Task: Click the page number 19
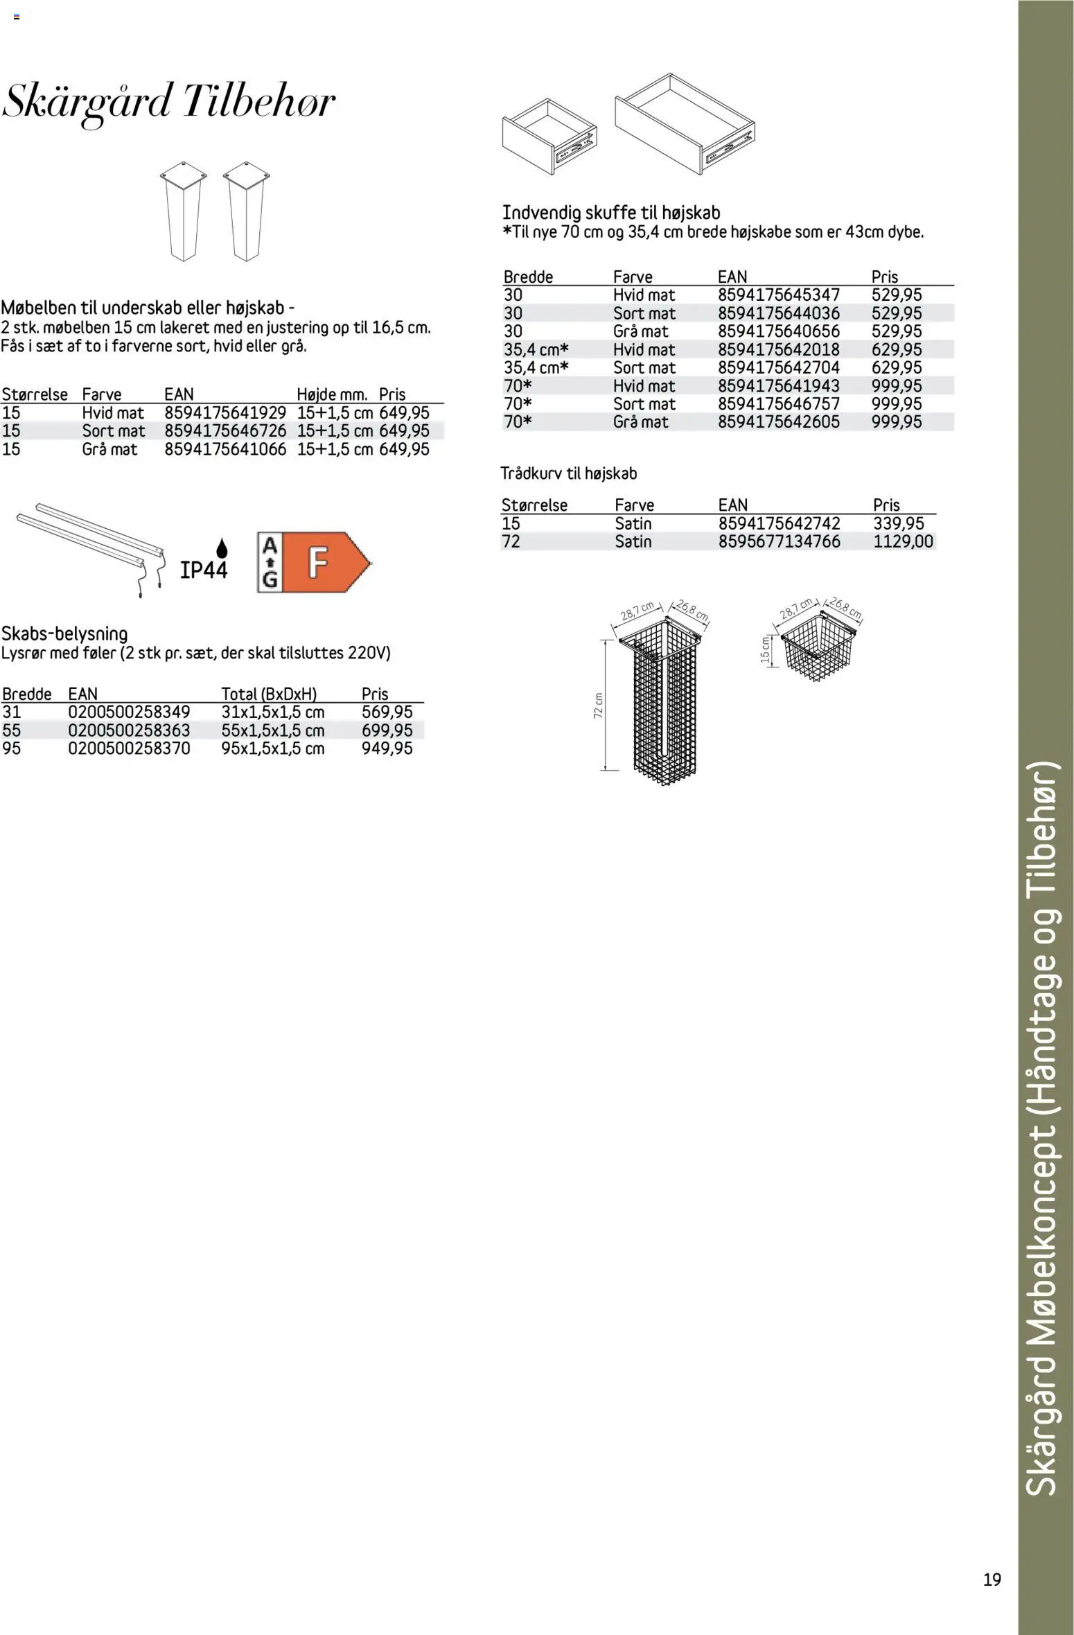point(992,1579)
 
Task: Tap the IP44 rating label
point(204,570)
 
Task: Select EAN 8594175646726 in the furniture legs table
point(225,431)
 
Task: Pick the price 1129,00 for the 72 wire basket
point(903,541)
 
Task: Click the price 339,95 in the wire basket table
point(898,523)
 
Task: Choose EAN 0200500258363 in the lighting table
point(129,731)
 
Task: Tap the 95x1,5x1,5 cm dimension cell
point(273,749)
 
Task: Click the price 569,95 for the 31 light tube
point(387,712)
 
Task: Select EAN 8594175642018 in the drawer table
point(778,350)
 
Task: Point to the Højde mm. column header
point(332,395)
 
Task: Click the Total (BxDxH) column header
point(269,694)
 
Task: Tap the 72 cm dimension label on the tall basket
point(599,706)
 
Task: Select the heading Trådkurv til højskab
point(568,474)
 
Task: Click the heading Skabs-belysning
point(64,633)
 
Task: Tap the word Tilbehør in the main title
point(258,103)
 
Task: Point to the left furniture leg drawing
point(183,211)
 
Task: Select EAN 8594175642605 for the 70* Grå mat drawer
point(778,422)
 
